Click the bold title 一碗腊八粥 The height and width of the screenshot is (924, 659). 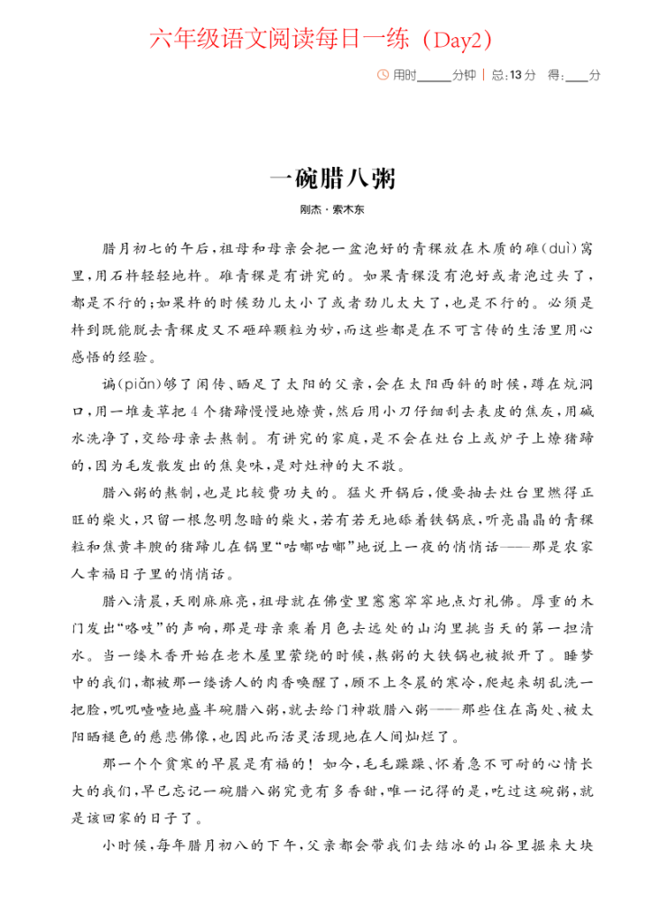[331, 177]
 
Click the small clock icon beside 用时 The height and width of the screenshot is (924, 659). [383, 75]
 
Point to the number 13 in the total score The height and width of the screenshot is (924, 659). [515, 75]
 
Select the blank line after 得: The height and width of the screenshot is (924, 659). [576, 78]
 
